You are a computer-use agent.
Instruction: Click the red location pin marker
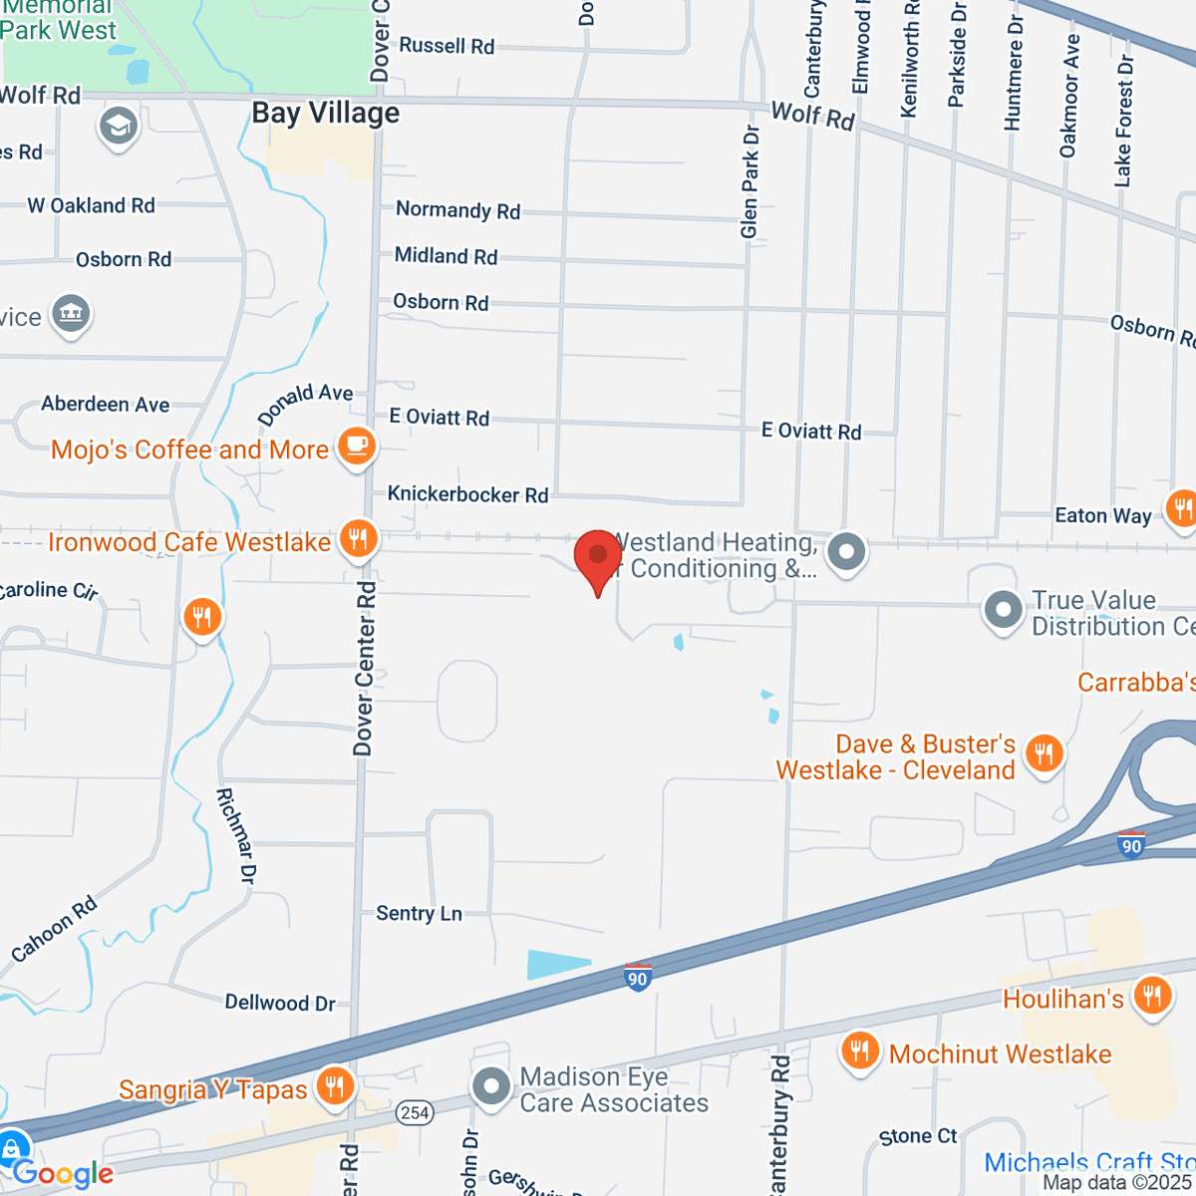pos(598,556)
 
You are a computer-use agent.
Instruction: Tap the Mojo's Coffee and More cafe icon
pos(357,448)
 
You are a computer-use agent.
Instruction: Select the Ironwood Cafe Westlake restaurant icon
pos(358,539)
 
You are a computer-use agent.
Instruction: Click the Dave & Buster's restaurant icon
pos(1044,752)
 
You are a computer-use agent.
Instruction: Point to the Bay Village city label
pos(325,114)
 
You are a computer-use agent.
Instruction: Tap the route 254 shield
pos(416,1112)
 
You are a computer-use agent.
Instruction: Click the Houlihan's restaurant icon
pos(1152,996)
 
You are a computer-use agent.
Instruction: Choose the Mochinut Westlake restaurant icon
pos(859,1051)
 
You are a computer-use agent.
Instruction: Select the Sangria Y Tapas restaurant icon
pos(335,1086)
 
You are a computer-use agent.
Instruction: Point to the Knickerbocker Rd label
pos(467,494)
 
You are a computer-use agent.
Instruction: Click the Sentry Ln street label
pos(419,913)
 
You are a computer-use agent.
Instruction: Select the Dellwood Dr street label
pos(280,1003)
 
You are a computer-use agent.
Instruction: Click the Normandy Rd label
pos(457,209)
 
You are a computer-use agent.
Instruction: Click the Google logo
pos(63,1173)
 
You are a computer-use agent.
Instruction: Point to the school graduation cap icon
pos(118,127)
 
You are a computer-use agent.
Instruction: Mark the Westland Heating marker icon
pos(847,551)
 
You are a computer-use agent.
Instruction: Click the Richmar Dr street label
pos(236,835)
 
